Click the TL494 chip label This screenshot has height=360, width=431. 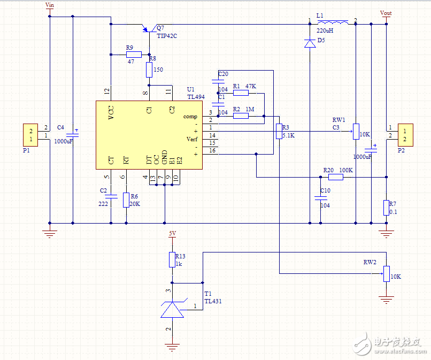[x=196, y=97]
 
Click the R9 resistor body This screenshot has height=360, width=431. [x=134, y=55]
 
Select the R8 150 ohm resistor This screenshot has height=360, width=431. [x=149, y=69]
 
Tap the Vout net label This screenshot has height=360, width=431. [x=386, y=13]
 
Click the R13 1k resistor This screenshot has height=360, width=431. [x=172, y=259]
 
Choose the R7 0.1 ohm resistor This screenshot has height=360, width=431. [x=386, y=208]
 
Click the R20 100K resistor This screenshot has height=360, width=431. [x=335, y=177]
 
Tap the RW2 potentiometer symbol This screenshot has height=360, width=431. [x=386, y=274]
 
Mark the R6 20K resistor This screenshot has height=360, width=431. [x=126, y=200]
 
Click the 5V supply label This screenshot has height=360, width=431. [x=172, y=234]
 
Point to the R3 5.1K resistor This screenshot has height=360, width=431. [x=278, y=131]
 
